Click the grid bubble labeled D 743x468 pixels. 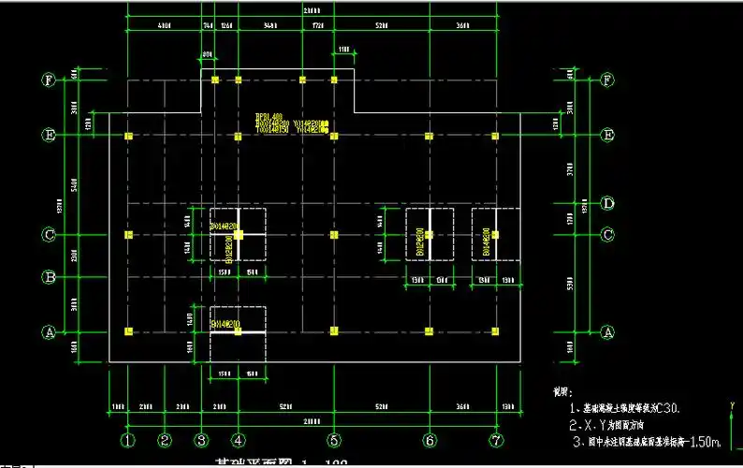607,202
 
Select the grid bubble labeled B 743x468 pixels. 49,277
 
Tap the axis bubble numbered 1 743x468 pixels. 128,440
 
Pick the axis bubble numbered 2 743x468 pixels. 165,440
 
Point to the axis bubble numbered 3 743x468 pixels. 200,440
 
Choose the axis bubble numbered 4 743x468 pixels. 239,440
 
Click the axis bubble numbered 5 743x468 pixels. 333,440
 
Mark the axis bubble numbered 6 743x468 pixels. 430,440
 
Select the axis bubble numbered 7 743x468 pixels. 496,440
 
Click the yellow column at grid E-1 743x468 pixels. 129,137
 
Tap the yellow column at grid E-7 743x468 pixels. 495,137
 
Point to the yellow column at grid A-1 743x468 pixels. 129,330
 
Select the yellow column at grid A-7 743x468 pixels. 495,330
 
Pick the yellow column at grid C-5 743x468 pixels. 333,234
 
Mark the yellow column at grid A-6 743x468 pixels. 429,330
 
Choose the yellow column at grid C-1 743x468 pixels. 129,234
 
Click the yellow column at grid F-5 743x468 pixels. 333,80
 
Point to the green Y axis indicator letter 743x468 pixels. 731,405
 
